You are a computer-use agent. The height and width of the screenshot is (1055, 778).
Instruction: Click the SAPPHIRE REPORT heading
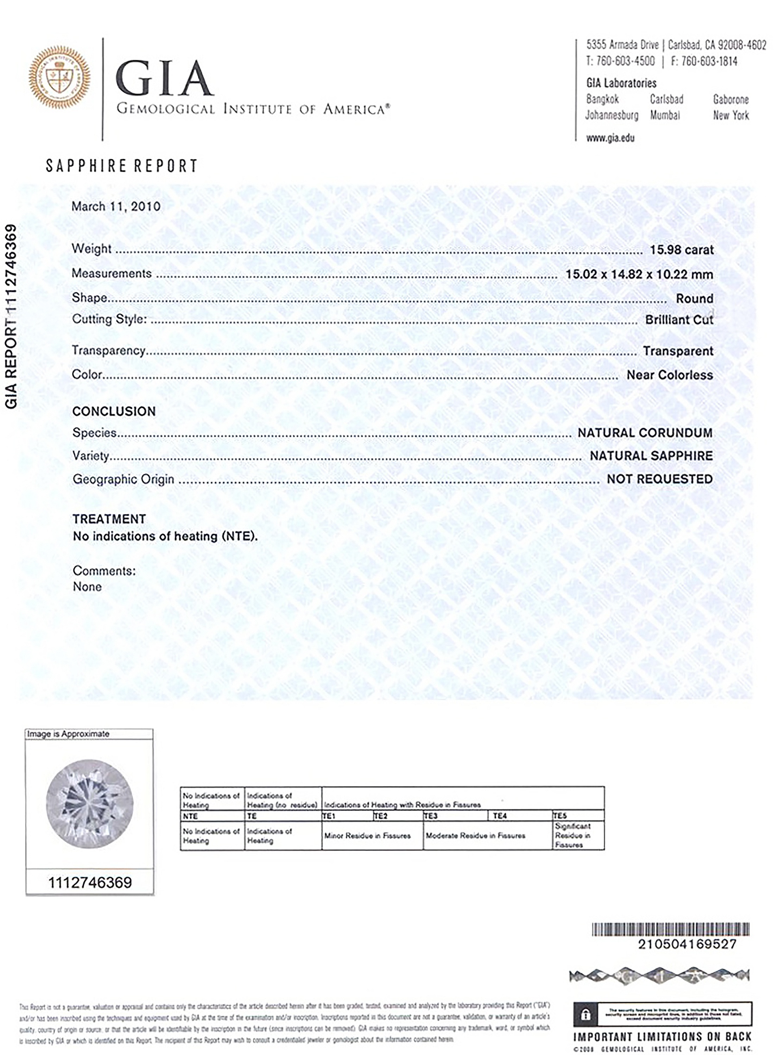[x=121, y=166]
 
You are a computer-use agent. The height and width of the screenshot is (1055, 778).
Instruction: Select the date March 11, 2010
[x=116, y=206]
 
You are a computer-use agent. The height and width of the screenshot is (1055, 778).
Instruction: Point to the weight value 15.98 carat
[x=682, y=250]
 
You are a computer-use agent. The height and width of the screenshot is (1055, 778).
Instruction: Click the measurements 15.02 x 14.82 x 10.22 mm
[x=639, y=274]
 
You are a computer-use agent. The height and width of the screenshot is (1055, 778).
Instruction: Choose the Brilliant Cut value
[x=679, y=320]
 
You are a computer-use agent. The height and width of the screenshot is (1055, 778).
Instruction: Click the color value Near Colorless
[x=669, y=375]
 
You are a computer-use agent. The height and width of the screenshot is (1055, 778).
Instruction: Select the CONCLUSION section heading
[x=114, y=412]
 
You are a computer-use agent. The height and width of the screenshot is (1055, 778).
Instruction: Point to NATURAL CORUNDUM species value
[x=645, y=433]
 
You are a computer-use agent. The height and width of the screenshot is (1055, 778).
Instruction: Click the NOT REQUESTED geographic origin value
[x=659, y=479]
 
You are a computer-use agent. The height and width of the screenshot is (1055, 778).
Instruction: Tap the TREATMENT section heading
[x=109, y=519]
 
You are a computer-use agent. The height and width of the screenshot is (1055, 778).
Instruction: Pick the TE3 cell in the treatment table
[x=431, y=816]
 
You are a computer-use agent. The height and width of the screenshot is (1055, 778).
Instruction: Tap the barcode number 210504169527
[x=687, y=944]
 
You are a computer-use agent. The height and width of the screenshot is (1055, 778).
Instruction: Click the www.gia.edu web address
[x=610, y=138]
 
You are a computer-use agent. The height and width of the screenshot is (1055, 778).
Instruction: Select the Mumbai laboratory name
[x=664, y=115]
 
